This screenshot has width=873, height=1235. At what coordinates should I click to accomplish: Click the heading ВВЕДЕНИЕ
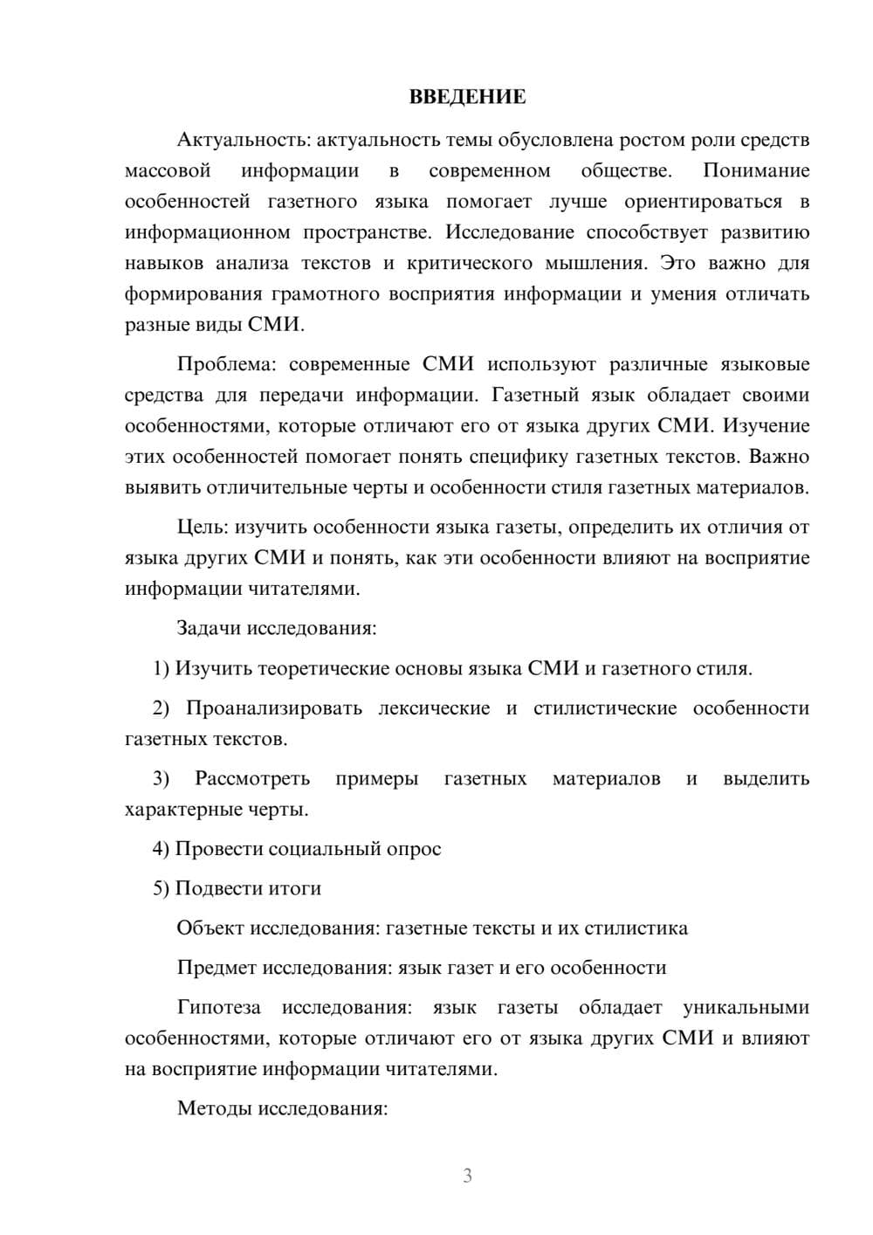pos(467,97)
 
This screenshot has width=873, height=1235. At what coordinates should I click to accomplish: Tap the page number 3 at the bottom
pos(467,1176)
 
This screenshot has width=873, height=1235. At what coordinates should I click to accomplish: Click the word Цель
pos(202,527)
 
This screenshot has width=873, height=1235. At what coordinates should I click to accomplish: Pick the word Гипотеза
pos(218,1007)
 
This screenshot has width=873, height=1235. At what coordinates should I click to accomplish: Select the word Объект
pos(210,928)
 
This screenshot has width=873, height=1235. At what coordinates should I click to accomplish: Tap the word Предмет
pos(216,968)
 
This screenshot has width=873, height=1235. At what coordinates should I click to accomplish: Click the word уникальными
pos(746,1007)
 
